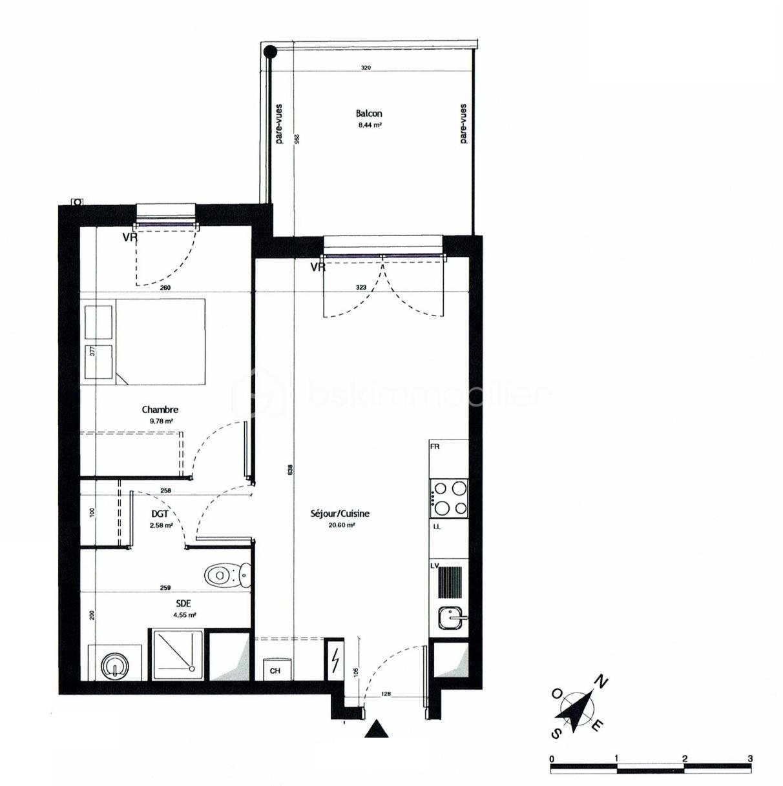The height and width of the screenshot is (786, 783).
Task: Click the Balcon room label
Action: point(368,114)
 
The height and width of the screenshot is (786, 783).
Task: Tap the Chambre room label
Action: point(160,409)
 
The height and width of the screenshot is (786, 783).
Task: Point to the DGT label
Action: point(160,514)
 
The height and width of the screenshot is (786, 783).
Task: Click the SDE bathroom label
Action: point(183,603)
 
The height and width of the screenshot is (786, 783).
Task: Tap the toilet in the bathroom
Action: point(227,574)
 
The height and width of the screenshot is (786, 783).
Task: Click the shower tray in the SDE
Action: point(178,654)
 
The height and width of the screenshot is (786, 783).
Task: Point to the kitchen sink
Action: point(450,618)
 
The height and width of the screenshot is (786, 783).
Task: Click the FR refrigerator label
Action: point(435,447)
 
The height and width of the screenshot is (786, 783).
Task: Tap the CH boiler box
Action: point(275,670)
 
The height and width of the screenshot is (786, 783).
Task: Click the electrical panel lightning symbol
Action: point(335,660)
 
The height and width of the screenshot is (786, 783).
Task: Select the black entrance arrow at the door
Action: point(377,730)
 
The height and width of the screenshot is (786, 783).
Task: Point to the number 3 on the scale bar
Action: point(750,759)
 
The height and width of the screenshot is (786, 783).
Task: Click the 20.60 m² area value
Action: point(342,525)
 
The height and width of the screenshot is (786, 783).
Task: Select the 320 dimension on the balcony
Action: point(366,68)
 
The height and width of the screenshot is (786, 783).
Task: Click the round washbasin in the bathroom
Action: point(116,664)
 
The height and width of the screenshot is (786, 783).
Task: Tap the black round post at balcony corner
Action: point(269,51)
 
